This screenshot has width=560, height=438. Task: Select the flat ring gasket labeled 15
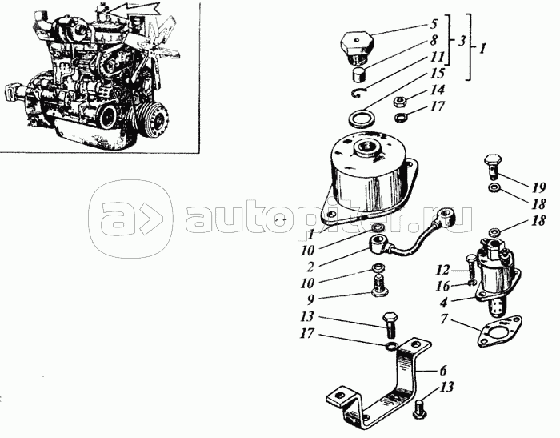[360, 119]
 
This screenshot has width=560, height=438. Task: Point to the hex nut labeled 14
[398, 101]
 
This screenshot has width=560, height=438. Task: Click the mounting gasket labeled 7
[499, 331]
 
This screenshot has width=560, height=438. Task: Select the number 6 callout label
[443, 371]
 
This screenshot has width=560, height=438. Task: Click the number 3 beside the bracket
[462, 42]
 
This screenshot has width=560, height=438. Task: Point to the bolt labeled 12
[470, 267]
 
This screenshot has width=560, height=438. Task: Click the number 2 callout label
[310, 267]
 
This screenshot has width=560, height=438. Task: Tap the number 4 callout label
[443, 303]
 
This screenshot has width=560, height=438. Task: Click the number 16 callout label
[443, 286]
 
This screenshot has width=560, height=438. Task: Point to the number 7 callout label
[443, 319]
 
